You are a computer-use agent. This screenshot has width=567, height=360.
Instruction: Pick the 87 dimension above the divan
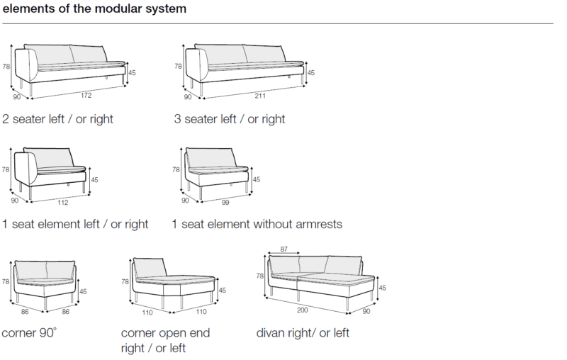point(284,249)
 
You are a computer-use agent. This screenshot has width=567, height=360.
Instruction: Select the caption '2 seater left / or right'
point(57,118)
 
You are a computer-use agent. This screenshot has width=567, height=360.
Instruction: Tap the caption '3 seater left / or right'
point(230,118)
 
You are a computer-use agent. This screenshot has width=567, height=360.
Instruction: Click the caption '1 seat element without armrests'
point(257,224)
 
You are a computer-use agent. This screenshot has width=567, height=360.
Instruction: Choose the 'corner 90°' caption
point(29,332)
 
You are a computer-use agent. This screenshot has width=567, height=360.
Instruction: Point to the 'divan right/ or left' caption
point(303,332)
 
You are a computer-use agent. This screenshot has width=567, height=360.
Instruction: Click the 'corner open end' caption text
point(165,332)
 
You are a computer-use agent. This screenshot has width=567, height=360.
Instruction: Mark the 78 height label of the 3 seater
point(178,67)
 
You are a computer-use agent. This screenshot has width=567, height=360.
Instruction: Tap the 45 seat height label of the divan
point(382,288)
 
